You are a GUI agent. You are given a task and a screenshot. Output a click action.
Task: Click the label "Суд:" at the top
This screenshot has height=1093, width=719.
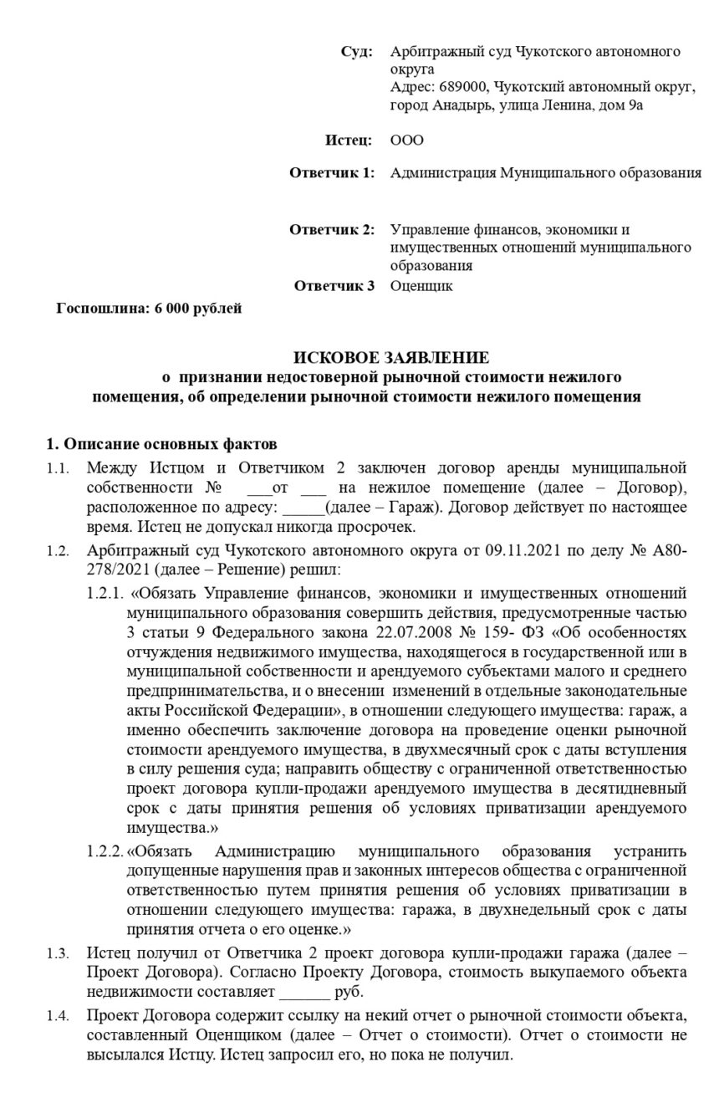[357, 52]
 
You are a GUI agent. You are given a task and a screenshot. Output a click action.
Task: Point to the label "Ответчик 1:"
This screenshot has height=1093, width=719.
[331, 173]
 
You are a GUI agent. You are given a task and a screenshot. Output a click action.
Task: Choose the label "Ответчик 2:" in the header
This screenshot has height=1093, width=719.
[331, 230]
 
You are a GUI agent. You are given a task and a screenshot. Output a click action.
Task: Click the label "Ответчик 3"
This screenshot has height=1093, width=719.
[334, 286]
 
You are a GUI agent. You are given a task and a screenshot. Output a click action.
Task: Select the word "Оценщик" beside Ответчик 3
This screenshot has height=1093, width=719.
[421, 286]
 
